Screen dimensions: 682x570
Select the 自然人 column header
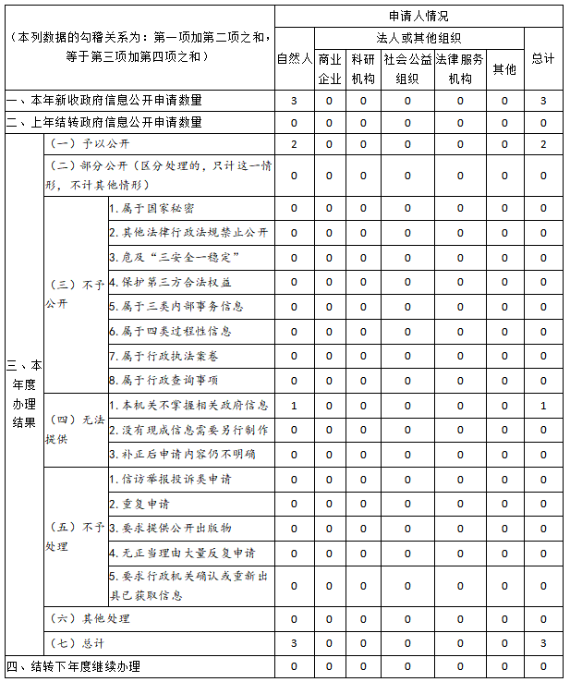(x=294, y=58)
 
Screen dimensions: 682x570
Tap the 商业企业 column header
(x=330, y=69)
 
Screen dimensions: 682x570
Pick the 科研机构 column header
(x=363, y=69)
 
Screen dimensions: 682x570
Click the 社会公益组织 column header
(x=407, y=69)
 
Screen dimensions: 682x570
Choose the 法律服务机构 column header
(x=459, y=69)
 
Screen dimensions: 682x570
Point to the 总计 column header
(x=543, y=58)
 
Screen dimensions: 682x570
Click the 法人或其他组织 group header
(x=418, y=39)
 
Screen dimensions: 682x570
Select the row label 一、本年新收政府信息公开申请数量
(x=103, y=100)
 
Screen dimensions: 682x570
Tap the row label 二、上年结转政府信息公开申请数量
(x=103, y=122)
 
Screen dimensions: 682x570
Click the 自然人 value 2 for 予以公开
(x=294, y=144)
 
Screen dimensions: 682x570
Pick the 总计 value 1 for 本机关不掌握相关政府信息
(x=543, y=406)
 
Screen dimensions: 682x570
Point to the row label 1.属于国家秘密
(x=152, y=208)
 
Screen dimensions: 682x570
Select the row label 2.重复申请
(x=139, y=505)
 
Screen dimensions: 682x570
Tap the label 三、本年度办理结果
(x=23, y=394)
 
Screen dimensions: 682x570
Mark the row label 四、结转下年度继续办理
(x=74, y=666)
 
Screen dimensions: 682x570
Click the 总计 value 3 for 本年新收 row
(x=543, y=100)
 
